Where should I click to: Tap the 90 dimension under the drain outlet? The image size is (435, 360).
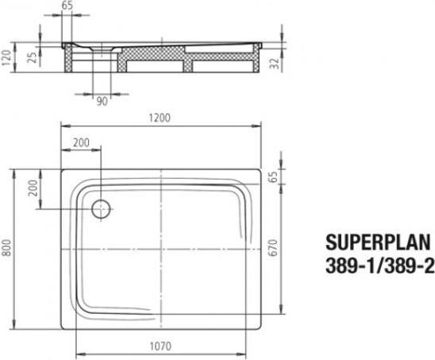click(x=102, y=103)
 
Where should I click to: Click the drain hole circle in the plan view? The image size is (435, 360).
click(x=102, y=209)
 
